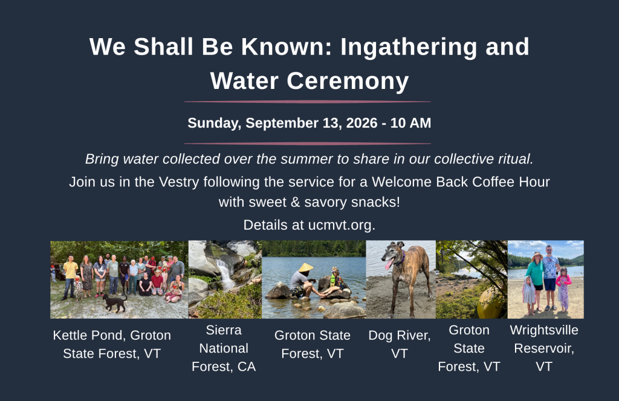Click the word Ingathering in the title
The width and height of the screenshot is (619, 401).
tap(409, 47)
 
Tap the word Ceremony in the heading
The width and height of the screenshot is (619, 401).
tap(348, 81)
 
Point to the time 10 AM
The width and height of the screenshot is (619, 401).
tap(410, 123)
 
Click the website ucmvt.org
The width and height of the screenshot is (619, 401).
tap(342, 225)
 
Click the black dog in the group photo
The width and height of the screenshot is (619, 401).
tap(114, 302)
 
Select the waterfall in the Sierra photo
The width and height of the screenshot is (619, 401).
tap(226, 274)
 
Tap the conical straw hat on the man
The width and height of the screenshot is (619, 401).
tap(305, 267)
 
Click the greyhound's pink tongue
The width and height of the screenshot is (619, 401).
tap(389, 264)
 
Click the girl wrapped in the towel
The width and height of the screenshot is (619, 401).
tap(528, 295)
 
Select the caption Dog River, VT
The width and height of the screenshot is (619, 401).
tap(400, 344)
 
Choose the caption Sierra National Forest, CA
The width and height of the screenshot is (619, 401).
tap(224, 348)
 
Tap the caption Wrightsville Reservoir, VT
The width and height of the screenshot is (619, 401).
tap(544, 348)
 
